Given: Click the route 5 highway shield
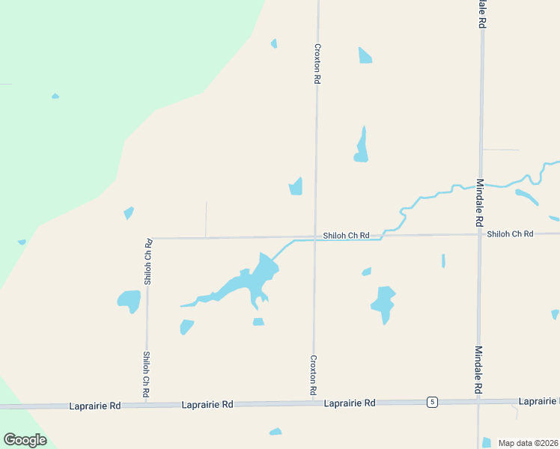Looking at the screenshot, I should click(x=432, y=403).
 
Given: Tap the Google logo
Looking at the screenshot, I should click(x=25, y=440).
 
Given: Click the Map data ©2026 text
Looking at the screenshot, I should click(x=529, y=443).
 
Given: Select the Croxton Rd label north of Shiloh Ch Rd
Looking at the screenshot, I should click(x=317, y=62).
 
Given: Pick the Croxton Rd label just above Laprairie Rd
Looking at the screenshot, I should click(x=313, y=376).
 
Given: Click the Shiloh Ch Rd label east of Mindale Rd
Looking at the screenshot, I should click(x=510, y=234).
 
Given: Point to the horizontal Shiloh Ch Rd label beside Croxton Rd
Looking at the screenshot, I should click(x=347, y=236).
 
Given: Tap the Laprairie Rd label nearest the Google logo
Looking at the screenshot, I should click(x=94, y=406).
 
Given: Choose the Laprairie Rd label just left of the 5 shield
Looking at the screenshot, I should click(x=350, y=403).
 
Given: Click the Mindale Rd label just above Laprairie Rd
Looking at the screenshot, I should click(x=478, y=370).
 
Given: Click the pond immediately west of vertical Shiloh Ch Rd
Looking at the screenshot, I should click(x=129, y=301).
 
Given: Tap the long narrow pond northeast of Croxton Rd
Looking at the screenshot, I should click(x=362, y=147).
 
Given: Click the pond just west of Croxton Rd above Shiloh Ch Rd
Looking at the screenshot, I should click(x=296, y=187).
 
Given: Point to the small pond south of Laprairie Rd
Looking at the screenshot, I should click(x=276, y=432).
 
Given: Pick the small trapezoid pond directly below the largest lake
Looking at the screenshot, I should click(x=258, y=322).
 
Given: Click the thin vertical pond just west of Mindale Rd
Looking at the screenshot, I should click(x=443, y=260).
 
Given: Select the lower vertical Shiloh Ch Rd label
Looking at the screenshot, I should click(x=147, y=374).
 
